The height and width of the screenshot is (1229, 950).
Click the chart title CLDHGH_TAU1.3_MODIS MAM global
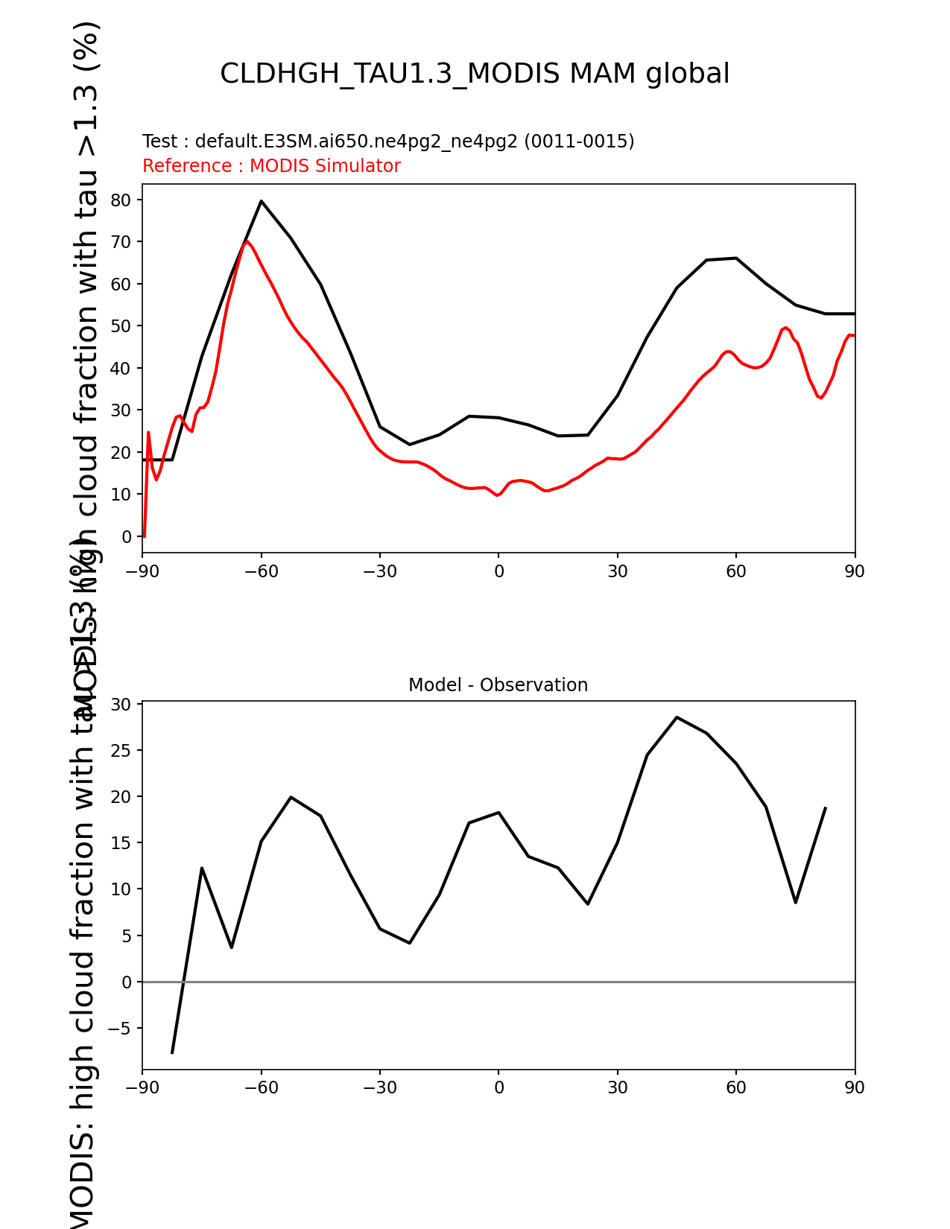click(x=475, y=74)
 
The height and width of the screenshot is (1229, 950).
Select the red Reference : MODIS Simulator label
click(x=271, y=166)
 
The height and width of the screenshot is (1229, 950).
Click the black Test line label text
click(x=388, y=142)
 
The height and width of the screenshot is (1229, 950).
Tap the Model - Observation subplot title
click(x=498, y=685)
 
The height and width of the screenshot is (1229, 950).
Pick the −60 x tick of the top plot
click(x=261, y=571)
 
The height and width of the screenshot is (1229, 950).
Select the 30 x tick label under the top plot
click(x=617, y=571)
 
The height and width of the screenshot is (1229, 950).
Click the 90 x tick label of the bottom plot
click(x=855, y=1087)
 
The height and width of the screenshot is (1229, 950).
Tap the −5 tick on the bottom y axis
click(x=118, y=1029)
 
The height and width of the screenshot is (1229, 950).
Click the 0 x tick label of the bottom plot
click(x=498, y=1087)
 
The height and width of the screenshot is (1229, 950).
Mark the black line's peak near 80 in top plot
click(x=261, y=201)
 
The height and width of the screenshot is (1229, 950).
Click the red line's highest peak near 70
click(x=247, y=241)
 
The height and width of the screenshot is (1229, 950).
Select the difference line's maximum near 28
click(x=677, y=717)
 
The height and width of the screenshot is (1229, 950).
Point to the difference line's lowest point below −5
click(x=172, y=1052)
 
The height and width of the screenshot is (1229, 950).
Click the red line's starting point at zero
click(x=144, y=536)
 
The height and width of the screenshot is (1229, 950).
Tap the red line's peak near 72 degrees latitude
click(x=785, y=328)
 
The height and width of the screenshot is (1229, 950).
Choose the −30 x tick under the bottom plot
click(x=379, y=1087)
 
